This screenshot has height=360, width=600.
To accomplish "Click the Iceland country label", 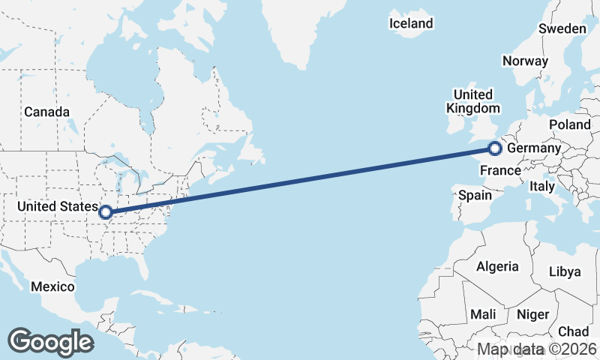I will click(x=411, y=23).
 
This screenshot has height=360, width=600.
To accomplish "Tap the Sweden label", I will click(x=562, y=28).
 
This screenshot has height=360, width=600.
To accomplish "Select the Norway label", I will click(x=525, y=61).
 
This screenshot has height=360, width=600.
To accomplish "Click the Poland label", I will click(x=570, y=124).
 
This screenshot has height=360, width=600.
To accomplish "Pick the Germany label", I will click(x=534, y=149).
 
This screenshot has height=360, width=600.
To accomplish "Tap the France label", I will click(x=500, y=170).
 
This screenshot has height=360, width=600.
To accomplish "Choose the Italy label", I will click(x=541, y=185).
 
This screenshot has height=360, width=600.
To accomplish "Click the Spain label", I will click(x=475, y=195).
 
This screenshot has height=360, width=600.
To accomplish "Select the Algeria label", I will click(x=496, y=266).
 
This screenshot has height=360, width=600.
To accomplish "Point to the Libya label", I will click(x=565, y=271).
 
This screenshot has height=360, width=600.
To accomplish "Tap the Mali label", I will click(x=484, y=314).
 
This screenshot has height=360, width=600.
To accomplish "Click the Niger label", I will click(x=533, y=315).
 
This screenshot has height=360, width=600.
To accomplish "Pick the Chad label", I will click(x=573, y=331).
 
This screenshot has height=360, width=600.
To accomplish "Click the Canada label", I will click(x=46, y=112).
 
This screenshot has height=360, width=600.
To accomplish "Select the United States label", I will click(x=58, y=205).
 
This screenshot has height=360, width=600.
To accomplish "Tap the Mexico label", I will click(x=52, y=286).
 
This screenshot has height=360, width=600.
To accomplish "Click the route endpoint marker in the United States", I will click(x=106, y=212).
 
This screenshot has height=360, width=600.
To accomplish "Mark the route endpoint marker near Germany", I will click(x=494, y=148).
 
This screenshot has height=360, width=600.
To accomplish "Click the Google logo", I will click(x=50, y=341).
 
